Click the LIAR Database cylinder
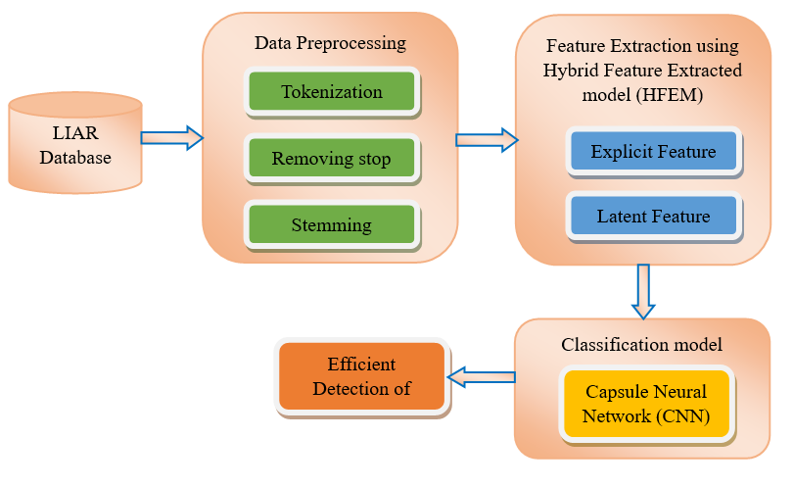click(75, 143)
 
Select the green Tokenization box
click(332, 92)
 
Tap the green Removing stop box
click(332, 159)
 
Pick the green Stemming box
click(332, 225)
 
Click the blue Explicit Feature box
click(653, 151)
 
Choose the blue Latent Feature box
click(653, 217)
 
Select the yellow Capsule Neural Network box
click(646, 404)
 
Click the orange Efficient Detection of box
click(361, 376)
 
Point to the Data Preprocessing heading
click(330, 43)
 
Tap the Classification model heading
click(641, 345)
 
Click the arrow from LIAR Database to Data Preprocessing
click(172, 138)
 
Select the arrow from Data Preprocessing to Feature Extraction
click(487, 140)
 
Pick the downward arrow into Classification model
click(643, 292)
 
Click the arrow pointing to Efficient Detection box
click(482, 377)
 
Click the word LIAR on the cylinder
click(75, 132)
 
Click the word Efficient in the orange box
click(361, 364)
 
